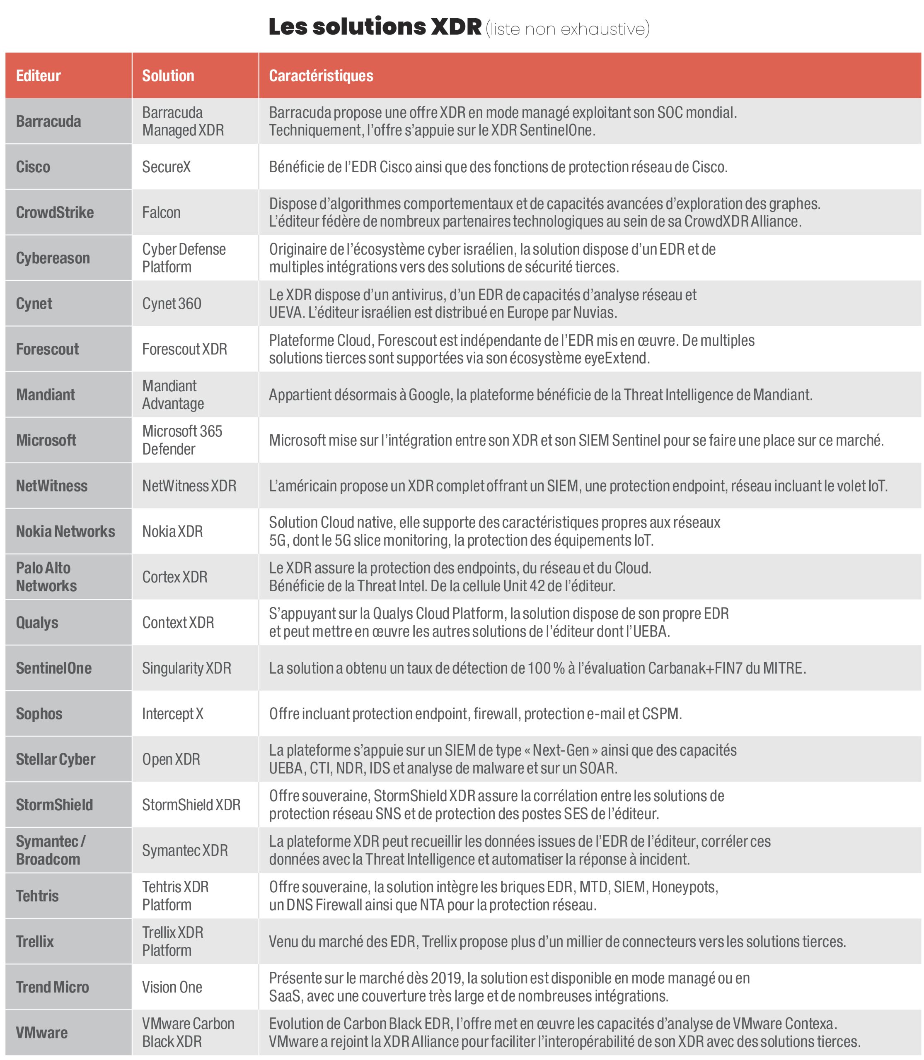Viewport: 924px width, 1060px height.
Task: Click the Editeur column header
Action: (x=38, y=76)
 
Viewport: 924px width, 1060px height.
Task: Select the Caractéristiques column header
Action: (x=321, y=76)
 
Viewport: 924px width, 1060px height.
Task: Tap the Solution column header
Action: (x=168, y=76)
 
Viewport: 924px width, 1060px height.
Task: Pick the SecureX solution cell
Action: (x=167, y=167)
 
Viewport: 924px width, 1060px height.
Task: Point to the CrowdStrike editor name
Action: (x=55, y=212)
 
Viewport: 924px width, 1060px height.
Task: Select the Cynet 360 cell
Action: (x=172, y=304)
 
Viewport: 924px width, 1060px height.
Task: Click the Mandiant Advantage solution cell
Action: (x=173, y=395)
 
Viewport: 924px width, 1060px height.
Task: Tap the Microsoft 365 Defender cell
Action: (x=182, y=440)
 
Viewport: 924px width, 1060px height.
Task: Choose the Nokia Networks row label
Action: (x=65, y=531)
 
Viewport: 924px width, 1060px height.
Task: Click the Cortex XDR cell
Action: (x=175, y=577)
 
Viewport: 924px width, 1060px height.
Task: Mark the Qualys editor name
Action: (x=37, y=622)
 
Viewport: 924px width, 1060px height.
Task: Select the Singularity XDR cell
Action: (x=186, y=668)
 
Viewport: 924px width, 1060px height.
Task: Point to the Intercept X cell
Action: (x=173, y=714)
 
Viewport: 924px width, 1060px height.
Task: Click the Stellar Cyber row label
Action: (x=56, y=759)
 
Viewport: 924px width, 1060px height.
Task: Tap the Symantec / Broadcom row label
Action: (x=51, y=850)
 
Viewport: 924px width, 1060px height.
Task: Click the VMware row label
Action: (x=42, y=1032)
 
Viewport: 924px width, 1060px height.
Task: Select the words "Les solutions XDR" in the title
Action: (x=375, y=27)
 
